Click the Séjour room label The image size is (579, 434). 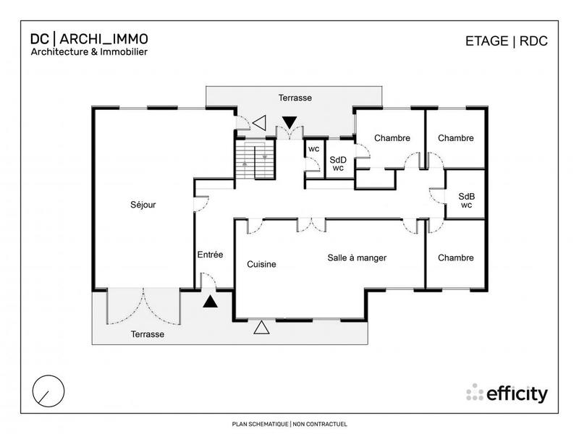143,205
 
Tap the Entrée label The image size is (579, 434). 210,255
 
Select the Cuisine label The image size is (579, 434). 261,264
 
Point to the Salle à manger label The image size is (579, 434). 357,258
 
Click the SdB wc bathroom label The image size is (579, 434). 466,200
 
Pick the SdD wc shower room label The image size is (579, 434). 337,164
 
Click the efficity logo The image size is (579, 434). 507,393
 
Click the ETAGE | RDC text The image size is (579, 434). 506,41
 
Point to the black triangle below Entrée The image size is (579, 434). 210,302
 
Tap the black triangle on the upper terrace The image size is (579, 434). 289,122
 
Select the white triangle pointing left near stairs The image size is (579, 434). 259,124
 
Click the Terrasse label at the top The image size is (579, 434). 295,97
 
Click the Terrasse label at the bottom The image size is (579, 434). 147,334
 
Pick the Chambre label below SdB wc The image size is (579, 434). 456,258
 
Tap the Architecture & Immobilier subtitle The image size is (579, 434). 89,52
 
